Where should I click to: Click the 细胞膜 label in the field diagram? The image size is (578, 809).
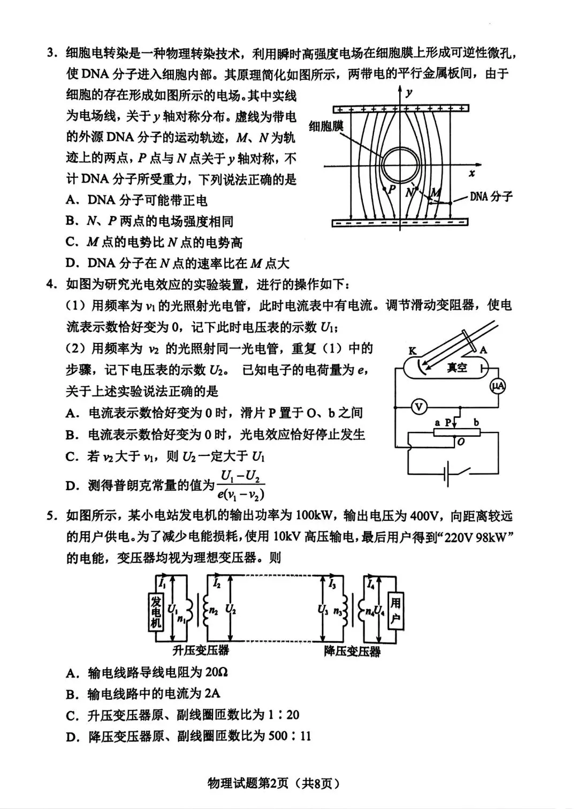click(x=326, y=127)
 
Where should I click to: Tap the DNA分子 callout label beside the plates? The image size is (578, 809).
click(x=491, y=197)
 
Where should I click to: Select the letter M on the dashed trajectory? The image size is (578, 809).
click(x=436, y=192)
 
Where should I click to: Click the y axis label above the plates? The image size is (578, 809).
click(x=409, y=93)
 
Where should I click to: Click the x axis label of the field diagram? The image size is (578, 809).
click(x=471, y=173)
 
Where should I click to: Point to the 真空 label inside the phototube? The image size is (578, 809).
click(x=458, y=368)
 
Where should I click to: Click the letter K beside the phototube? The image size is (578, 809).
click(x=412, y=351)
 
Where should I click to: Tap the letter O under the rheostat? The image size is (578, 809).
click(x=460, y=442)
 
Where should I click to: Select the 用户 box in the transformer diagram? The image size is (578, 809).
click(x=395, y=611)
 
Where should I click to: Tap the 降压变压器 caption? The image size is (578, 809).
click(x=352, y=651)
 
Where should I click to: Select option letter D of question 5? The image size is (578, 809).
click(x=71, y=737)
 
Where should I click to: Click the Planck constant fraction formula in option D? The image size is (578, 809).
click(x=242, y=485)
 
